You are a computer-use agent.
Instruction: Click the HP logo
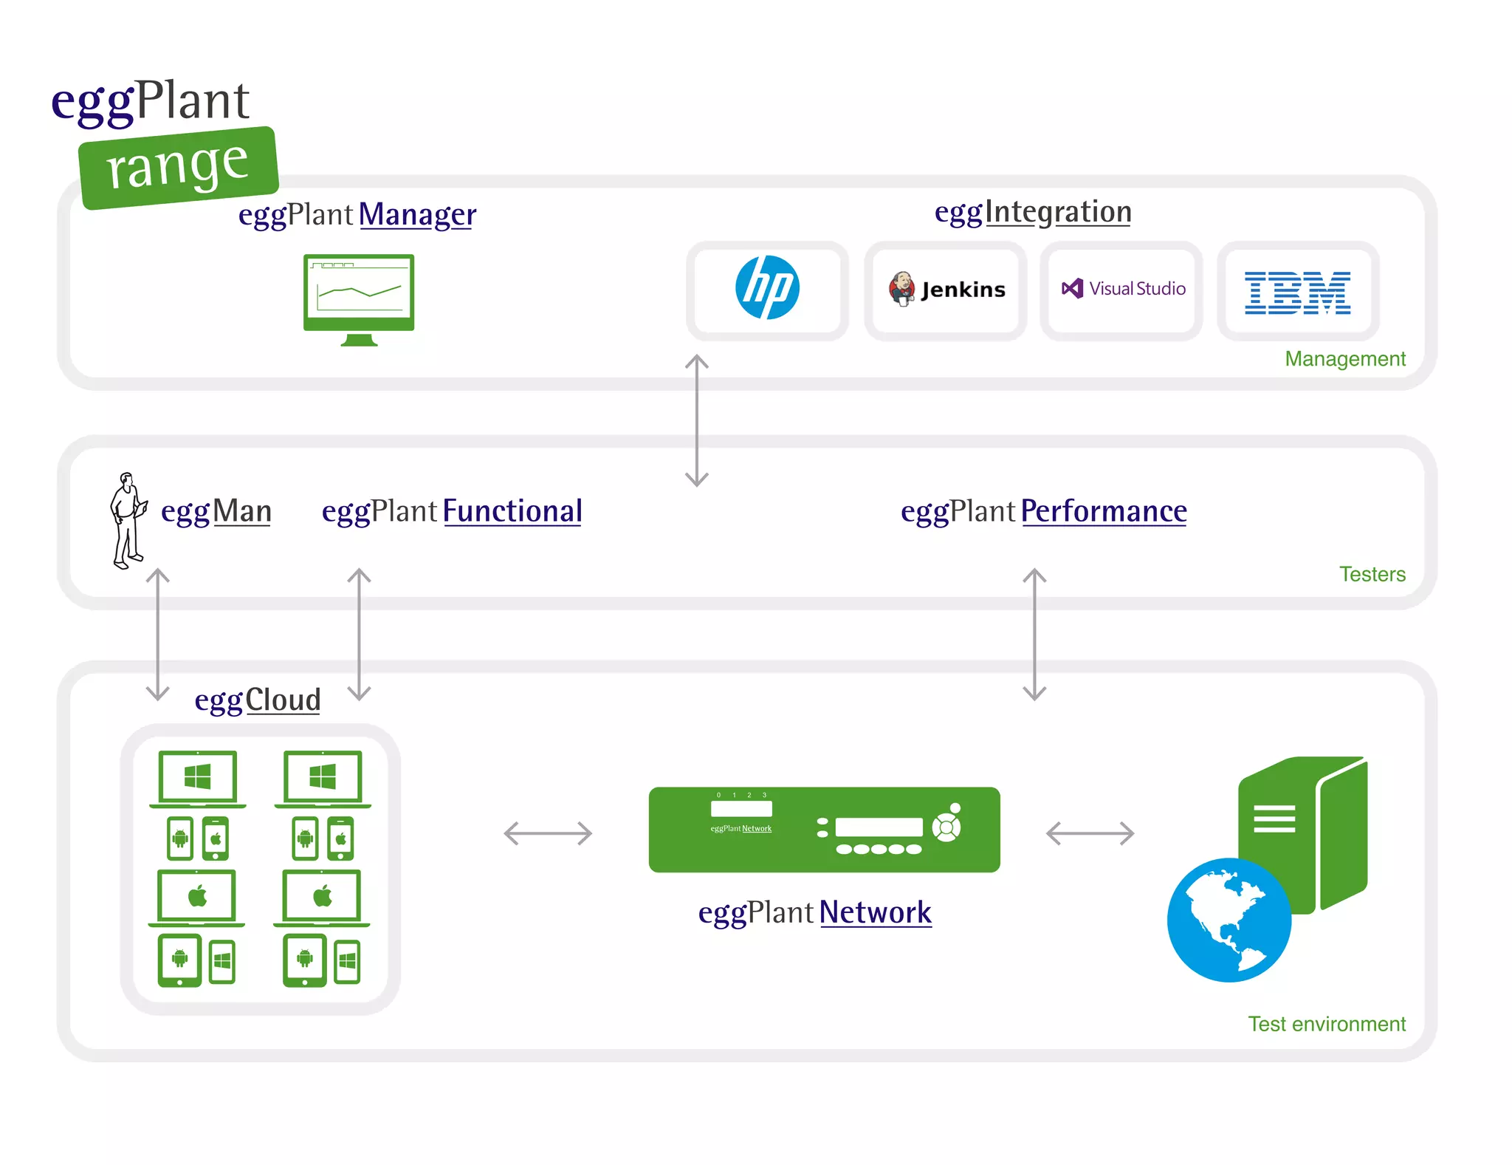point(767,288)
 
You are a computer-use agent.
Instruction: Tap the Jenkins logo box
point(946,290)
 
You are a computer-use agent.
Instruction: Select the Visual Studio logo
point(1122,289)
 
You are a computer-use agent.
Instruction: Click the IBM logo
point(1297,293)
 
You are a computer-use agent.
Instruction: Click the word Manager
point(417,215)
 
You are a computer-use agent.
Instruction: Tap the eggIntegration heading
point(1032,212)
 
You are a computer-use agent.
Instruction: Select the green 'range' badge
point(178,167)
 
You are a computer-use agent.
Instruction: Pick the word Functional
point(512,511)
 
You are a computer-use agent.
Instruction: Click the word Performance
point(1104,511)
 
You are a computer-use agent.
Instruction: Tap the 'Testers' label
point(1372,574)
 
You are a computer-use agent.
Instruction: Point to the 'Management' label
point(1344,358)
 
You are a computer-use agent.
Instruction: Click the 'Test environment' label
point(1326,1024)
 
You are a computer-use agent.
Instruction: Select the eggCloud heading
point(258,700)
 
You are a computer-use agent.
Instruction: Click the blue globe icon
point(1228,920)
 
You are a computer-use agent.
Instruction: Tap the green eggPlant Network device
point(824,829)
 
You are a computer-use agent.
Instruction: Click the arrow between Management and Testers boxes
point(696,420)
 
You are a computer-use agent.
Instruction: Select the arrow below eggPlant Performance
point(1034,634)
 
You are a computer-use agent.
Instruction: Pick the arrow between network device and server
point(1090,833)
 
